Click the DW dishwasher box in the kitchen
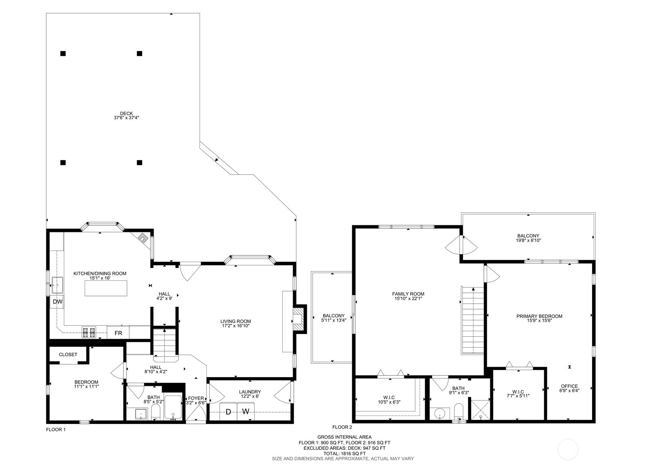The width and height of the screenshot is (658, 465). click(57, 302)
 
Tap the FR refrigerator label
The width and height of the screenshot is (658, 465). click(118, 333)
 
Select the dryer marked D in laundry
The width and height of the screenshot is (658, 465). click(228, 411)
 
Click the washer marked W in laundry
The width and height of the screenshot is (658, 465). click(246, 411)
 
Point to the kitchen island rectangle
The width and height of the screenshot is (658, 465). click(106, 288)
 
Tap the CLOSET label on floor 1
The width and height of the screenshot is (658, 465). click(68, 354)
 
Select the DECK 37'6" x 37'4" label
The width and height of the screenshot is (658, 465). click(126, 115)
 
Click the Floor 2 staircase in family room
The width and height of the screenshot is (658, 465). click(472, 321)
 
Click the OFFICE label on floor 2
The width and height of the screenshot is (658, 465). click(569, 388)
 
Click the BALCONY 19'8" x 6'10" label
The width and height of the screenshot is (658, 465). click(528, 238)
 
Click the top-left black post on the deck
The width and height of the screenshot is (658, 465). click(63, 54)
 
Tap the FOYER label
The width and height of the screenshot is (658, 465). click(196, 401)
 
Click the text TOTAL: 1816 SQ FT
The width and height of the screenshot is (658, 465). click(344, 453)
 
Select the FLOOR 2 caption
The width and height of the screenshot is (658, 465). click(342, 427)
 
